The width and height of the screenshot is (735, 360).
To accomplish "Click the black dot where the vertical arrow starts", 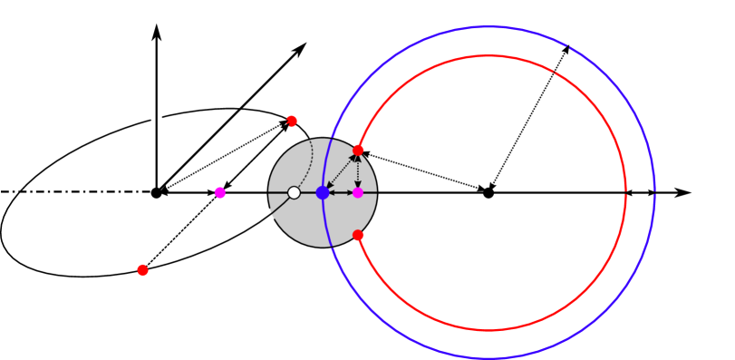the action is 157,192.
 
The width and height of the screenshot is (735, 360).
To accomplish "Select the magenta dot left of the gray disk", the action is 220,192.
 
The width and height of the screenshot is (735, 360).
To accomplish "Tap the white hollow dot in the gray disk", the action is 294,192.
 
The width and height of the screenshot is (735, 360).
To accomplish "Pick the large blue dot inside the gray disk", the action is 323,192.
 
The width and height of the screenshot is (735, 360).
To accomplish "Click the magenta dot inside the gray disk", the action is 358,192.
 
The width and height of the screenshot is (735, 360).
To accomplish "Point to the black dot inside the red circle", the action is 488,192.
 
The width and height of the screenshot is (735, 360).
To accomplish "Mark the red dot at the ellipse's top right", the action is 292,120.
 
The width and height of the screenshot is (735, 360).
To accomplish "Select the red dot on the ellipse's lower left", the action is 142,270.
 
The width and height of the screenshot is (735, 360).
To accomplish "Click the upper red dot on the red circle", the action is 358,150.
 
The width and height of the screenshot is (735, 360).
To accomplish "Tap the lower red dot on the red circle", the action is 358,235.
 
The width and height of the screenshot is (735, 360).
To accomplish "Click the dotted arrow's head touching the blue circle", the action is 566,49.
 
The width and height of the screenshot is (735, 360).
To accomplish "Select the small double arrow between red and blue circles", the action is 641,192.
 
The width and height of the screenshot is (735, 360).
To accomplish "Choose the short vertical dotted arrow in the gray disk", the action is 358,171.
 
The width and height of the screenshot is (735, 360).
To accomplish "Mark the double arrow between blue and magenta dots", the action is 341,192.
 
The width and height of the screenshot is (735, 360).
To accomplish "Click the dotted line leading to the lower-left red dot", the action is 181,231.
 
